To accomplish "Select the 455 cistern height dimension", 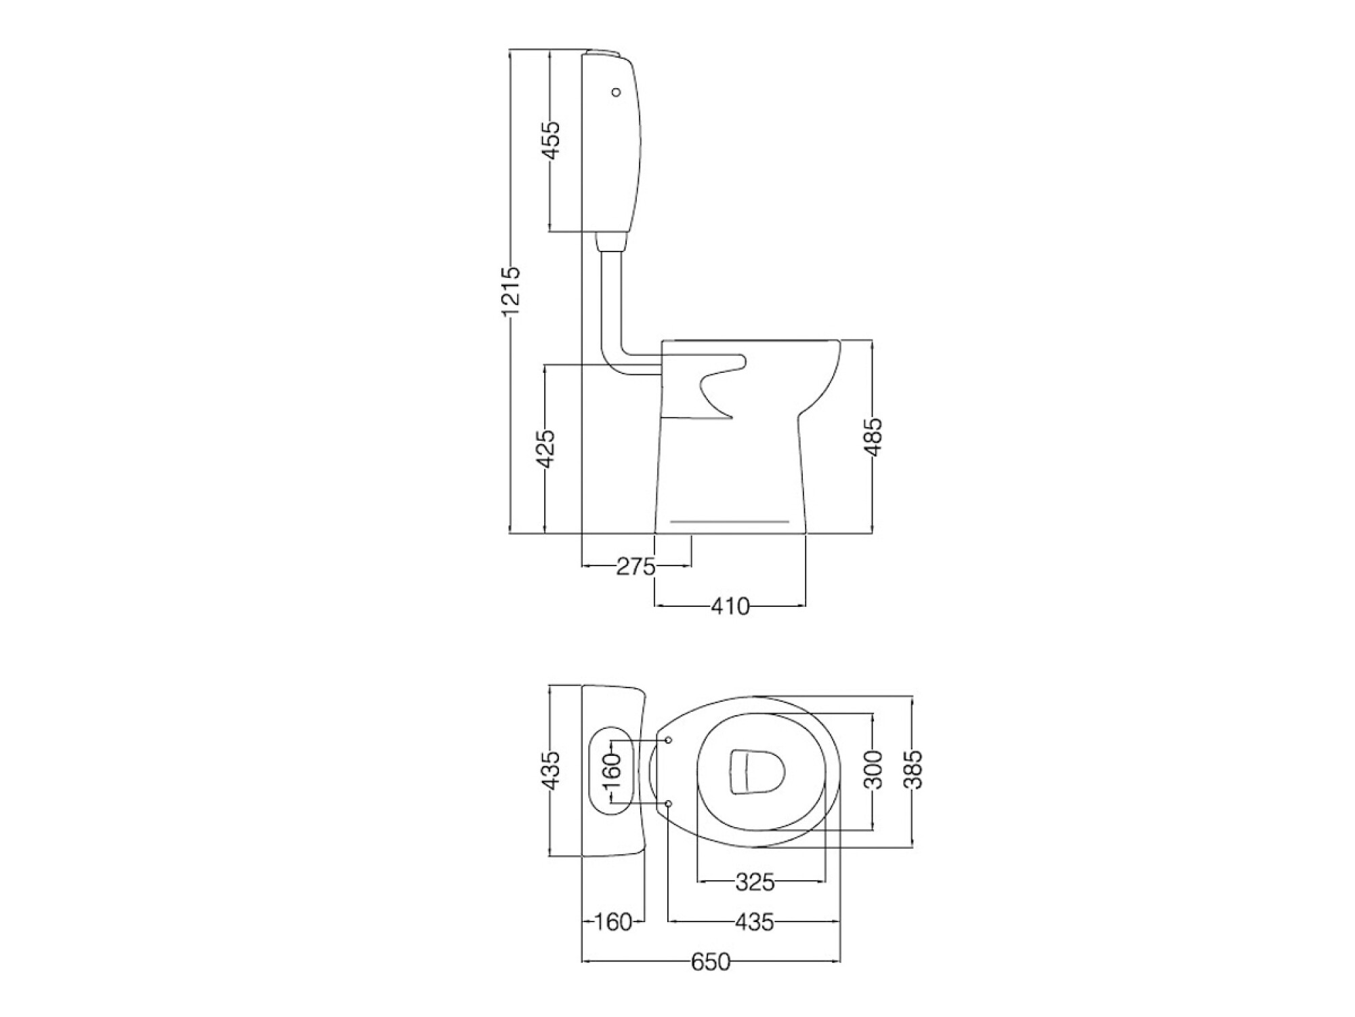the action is pyautogui.click(x=552, y=140).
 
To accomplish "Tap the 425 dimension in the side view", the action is pyautogui.click(x=545, y=448).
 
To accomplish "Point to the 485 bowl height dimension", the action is pyautogui.click(x=873, y=437).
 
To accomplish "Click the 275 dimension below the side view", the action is pyautogui.click(x=636, y=566).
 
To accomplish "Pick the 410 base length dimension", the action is pyautogui.click(x=730, y=605).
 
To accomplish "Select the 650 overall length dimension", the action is pyautogui.click(x=711, y=961).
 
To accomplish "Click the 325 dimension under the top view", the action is pyautogui.click(x=755, y=882).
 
